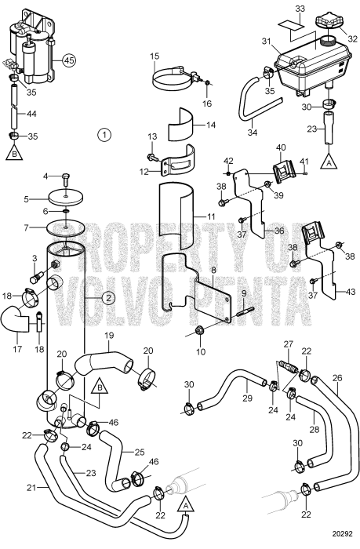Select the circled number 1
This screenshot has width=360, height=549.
[x=104, y=135]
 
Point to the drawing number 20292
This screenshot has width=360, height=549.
[x=341, y=540]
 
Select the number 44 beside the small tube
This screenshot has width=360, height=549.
[x=31, y=115]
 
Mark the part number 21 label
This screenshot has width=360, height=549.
[x=31, y=489]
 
